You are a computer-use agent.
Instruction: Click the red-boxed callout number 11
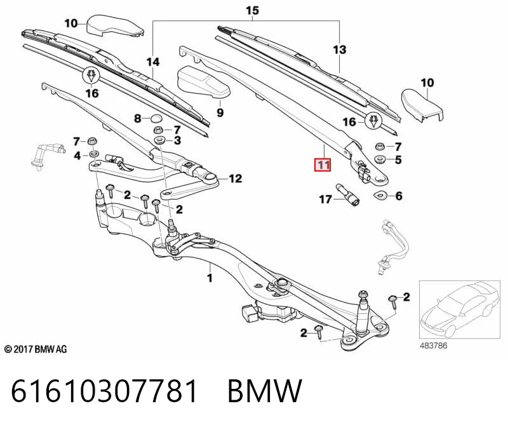pos(323,165)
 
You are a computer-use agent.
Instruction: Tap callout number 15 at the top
pos(252,10)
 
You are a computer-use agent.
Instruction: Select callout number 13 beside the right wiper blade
pos(340,50)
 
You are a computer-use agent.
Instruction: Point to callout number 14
pos(153,62)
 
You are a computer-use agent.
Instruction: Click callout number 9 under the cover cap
pos(220,112)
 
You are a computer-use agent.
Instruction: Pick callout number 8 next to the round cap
pos(138,118)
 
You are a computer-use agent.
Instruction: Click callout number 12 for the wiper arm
pos(235,179)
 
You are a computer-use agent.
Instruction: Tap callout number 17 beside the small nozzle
pos(325,199)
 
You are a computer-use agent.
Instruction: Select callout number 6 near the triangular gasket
pos(399,196)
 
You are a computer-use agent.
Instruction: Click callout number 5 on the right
pos(398,159)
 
